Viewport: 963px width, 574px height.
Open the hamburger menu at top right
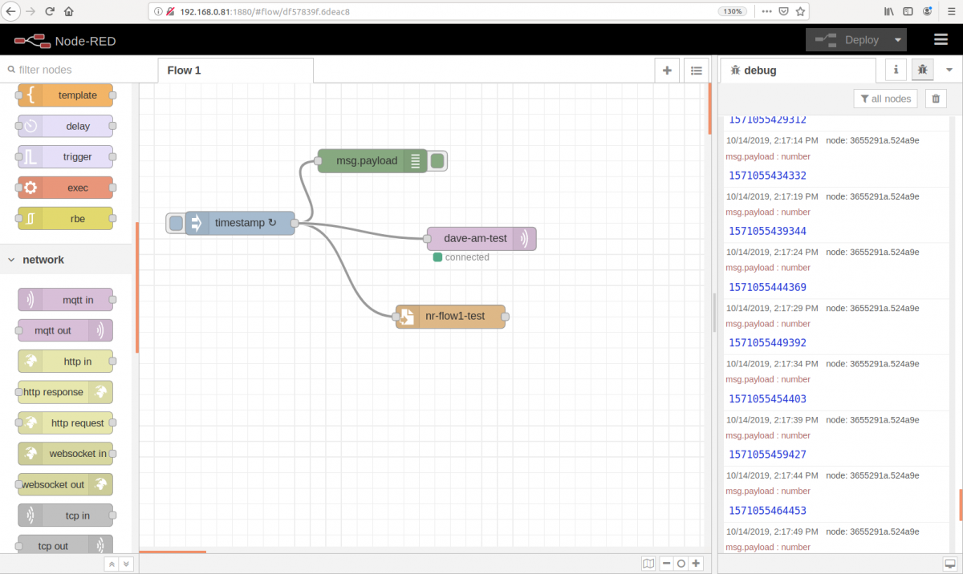941,40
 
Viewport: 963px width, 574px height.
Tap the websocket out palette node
65,484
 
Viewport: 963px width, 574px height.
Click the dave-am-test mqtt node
474,238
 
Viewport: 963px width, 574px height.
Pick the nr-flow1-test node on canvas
454,316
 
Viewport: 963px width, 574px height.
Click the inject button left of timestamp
176,223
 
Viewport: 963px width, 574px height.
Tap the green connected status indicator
437,257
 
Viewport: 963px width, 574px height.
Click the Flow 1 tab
184,71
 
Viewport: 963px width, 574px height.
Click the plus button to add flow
666,71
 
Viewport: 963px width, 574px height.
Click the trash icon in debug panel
935,99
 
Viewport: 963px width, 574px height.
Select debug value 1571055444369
767,287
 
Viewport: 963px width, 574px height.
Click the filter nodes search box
72,70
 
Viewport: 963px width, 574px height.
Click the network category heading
43,260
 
